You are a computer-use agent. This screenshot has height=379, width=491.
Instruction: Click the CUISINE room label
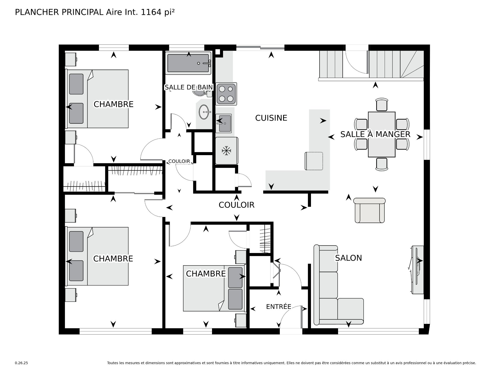(x=271, y=118)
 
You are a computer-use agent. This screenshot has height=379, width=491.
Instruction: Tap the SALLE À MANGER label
(x=375, y=134)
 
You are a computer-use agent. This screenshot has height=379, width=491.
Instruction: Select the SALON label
(x=348, y=258)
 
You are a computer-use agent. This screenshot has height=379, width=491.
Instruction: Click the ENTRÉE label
(x=278, y=306)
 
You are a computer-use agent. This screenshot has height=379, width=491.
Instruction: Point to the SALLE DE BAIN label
(x=189, y=87)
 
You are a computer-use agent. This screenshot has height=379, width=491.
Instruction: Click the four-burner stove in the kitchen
(x=226, y=94)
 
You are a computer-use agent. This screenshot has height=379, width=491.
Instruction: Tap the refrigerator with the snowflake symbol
(x=227, y=151)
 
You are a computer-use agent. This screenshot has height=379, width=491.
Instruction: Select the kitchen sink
(x=224, y=123)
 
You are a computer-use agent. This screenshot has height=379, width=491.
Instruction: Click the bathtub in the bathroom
(x=188, y=63)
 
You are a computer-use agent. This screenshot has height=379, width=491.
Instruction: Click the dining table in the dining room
(x=382, y=134)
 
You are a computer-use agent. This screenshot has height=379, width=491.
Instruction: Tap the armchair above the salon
(x=370, y=210)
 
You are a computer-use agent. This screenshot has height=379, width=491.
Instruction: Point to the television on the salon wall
(x=417, y=270)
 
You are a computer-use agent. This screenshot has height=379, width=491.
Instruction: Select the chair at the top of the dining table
(x=382, y=105)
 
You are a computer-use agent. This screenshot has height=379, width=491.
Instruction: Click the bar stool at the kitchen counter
(x=314, y=161)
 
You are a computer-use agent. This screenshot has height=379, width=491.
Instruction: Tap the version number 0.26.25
(x=21, y=363)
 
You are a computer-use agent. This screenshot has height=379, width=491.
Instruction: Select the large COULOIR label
(x=237, y=205)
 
